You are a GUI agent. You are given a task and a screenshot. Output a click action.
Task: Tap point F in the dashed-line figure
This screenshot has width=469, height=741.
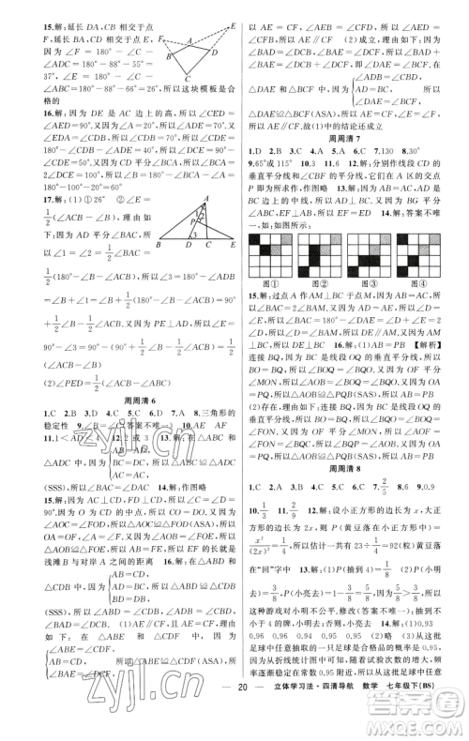point(161,38)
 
